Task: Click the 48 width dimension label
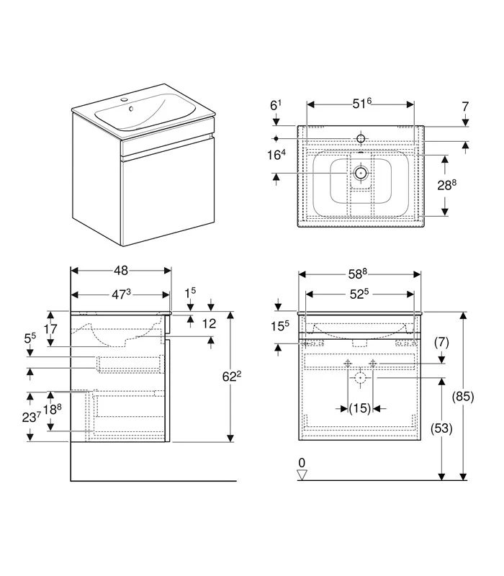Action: pyautogui.click(x=120, y=271)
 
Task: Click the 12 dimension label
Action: pyautogui.click(x=209, y=324)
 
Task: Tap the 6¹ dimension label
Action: pyautogui.click(x=276, y=105)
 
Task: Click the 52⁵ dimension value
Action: pyautogui.click(x=359, y=293)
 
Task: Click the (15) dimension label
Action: pyautogui.click(x=360, y=409)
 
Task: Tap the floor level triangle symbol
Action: pyautogui.click(x=302, y=474)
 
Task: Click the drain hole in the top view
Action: pyautogui.click(x=361, y=173)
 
